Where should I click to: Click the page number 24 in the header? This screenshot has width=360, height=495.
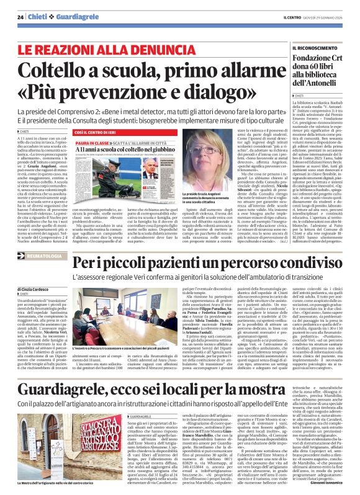(20, 17)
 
